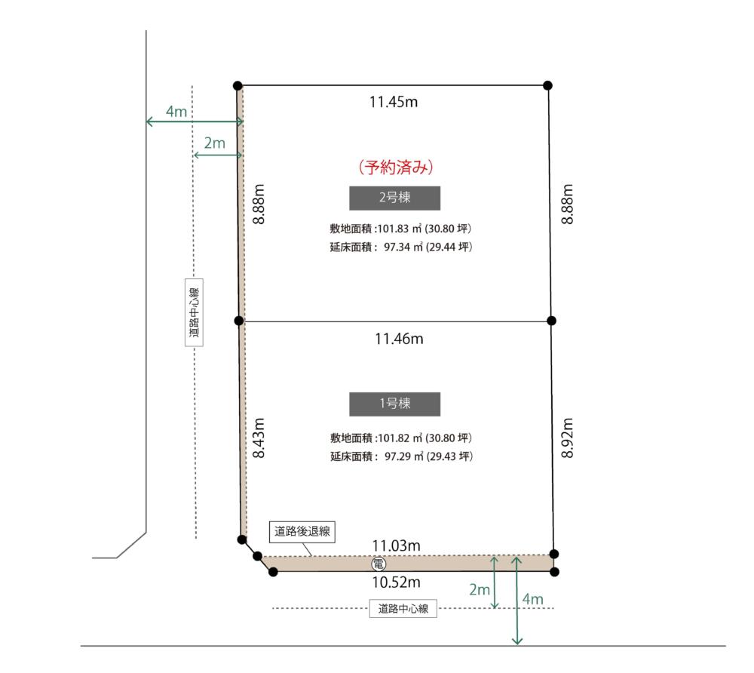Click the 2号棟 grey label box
coord(394,198)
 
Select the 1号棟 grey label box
coord(394,404)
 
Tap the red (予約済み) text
coord(396,167)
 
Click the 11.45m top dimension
coord(394,102)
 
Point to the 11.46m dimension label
coord(399,339)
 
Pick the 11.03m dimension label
coord(397,545)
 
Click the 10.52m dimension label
coord(397,582)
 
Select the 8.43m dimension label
coord(259,438)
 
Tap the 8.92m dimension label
coord(568,438)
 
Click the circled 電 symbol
coord(379,564)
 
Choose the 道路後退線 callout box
coord(302,532)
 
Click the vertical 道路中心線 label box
coord(194,312)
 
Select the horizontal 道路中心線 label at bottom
coord(403,609)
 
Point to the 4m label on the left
coord(176,112)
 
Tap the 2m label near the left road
coord(214,143)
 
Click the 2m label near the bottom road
coord(480,589)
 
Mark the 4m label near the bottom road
coord(533,599)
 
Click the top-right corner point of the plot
coord(547,85)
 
